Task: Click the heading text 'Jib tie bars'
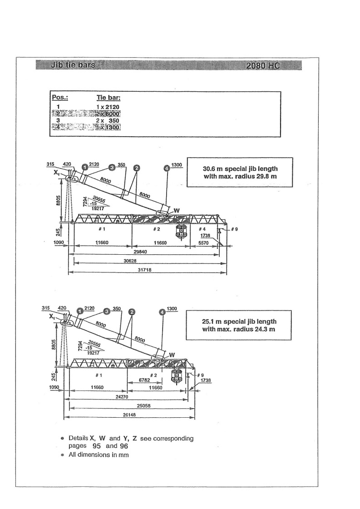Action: (x=67, y=65)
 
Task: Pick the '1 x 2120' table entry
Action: (x=108, y=107)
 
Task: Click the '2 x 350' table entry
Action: (x=108, y=120)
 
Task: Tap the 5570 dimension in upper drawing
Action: (x=203, y=243)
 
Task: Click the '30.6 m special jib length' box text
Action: (x=240, y=168)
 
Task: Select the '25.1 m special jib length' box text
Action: (x=239, y=321)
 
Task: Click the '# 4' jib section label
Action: (x=202, y=229)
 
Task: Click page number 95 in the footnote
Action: (x=95, y=446)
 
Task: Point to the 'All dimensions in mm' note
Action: (x=99, y=455)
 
